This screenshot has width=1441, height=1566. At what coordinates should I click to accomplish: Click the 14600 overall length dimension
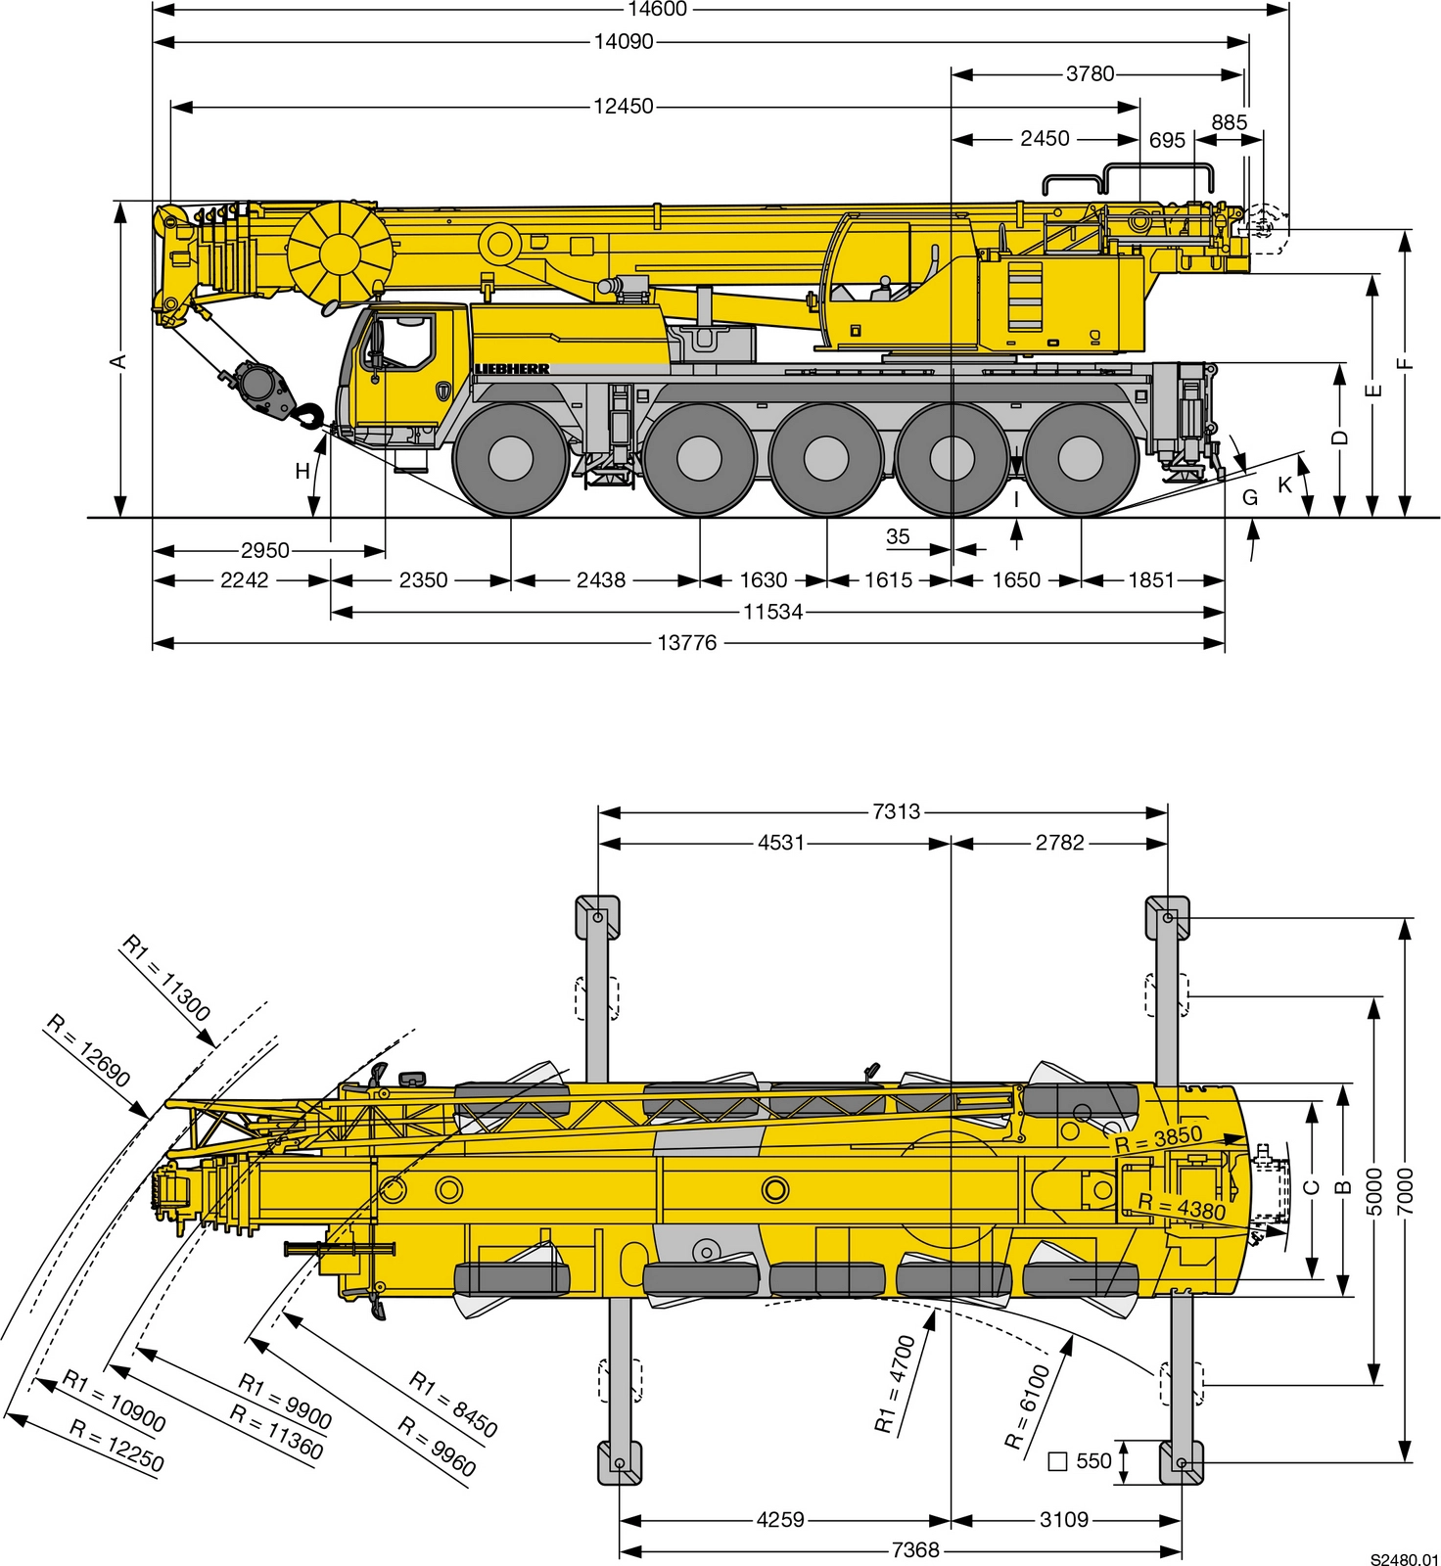[x=657, y=10]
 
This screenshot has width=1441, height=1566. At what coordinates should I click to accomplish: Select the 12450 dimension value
[x=623, y=106]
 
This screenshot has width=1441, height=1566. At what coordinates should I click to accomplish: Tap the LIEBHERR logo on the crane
[x=512, y=369]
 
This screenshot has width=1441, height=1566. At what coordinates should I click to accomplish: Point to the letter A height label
[x=117, y=361]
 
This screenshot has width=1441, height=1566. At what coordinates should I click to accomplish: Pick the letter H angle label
[x=302, y=471]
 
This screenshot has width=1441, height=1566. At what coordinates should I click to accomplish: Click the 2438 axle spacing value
[x=600, y=580]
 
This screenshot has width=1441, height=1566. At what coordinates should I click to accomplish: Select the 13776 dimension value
[x=686, y=643]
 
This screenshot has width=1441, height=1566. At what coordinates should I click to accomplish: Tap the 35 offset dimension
[x=898, y=536]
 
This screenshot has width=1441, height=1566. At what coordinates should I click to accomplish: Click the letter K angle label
[x=1284, y=485]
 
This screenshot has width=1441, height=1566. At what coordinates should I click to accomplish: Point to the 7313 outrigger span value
[x=896, y=811]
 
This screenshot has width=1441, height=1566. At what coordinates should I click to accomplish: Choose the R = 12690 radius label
[x=88, y=1051]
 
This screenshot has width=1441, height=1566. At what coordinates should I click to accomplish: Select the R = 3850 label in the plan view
[x=1158, y=1138]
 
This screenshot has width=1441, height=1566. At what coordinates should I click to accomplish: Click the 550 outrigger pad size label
[x=1093, y=1461]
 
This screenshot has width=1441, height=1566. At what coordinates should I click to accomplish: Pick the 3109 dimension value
[x=1063, y=1520]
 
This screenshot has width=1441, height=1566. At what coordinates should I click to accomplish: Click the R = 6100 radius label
[x=1027, y=1406]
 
